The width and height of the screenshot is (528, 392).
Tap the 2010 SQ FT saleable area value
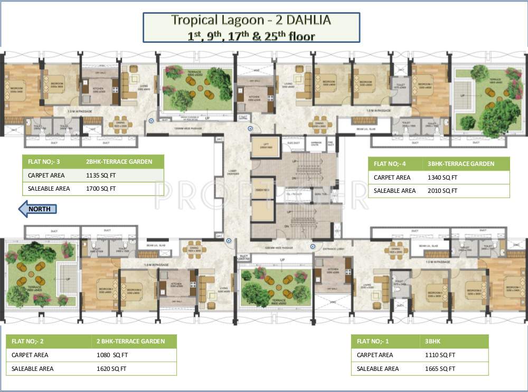click(x=442, y=191)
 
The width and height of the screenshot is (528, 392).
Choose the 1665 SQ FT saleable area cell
click(x=440, y=369)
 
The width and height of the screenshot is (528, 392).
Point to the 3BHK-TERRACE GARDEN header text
click(x=461, y=164)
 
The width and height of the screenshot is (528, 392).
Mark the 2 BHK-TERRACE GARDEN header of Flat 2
click(x=130, y=341)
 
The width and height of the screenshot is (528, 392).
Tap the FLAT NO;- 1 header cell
click(x=375, y=341)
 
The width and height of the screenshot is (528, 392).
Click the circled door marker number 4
click(x=251, y=128)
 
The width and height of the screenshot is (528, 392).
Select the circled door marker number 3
click(x=152, y=121)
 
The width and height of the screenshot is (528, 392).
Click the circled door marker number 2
click(x=229, y=241)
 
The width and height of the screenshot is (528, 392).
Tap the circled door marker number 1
click(x=313, y=246)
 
